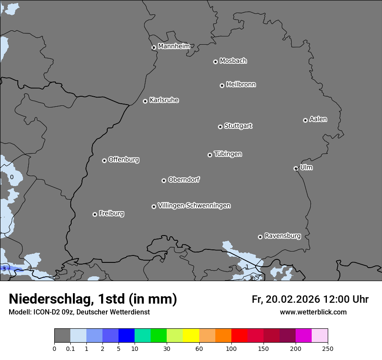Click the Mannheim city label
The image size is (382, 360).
(x=174, y=46)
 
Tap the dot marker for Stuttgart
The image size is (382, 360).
(x=220, y=127)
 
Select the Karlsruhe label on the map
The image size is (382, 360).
(x=164, y=100)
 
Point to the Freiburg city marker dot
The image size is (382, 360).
(x=95, y=214)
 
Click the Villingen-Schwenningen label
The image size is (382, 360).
(x=194, y=206)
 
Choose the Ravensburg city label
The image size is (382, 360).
(x=283, y=236)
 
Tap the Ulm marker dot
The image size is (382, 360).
(x=296, y=168)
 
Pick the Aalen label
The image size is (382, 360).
(x=318, y=119)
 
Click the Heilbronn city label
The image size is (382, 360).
(x=241, y=85)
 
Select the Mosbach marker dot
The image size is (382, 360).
(x=215, y=62)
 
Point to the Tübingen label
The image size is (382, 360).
(x=228, y=154)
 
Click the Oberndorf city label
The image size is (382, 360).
(x=184, y=180)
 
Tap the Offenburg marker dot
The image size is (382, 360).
(x=104, y=160)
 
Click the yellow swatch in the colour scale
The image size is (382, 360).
(x=191, y=336)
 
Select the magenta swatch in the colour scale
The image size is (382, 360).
(x=303, y=336)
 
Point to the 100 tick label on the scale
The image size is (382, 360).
(x=231, y=348)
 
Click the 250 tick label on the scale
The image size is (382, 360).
(x=327, y=348)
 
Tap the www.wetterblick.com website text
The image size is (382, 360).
(x=313, y=312)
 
